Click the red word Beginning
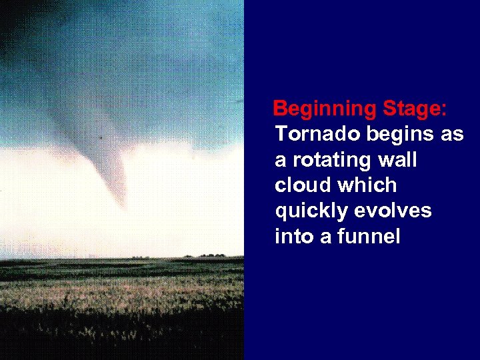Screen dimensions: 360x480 [x=325, y=109]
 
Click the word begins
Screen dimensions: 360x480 [x=399, y=135]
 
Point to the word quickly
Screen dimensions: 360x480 [x=311, y=211]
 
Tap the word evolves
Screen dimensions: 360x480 [x=393, y=211]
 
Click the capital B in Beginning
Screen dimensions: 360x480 [x=281, y=109]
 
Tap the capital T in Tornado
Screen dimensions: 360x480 [x=281, y=134]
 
